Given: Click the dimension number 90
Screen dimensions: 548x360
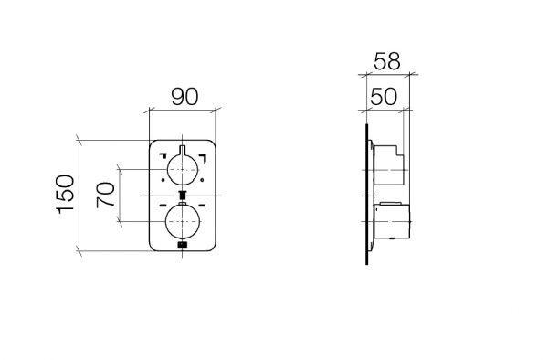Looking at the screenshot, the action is tap(184, 97).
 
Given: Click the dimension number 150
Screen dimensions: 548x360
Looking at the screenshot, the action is tap(66, 194).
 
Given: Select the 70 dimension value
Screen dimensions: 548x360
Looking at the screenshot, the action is tap(106, 195).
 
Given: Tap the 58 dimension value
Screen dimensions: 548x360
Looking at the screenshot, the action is tap(387, 61).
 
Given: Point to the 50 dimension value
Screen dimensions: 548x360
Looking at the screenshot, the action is tap(384, 97).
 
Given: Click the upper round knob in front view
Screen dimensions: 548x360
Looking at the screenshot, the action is tap(183, 170).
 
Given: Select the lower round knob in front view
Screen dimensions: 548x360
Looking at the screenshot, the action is tap(183, 222).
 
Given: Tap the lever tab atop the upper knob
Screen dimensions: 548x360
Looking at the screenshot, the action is tap(183, 150).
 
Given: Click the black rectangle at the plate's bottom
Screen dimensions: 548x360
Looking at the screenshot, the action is tap(183, 245).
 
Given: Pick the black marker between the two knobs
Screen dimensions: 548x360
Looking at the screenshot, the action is tap(182, 195).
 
